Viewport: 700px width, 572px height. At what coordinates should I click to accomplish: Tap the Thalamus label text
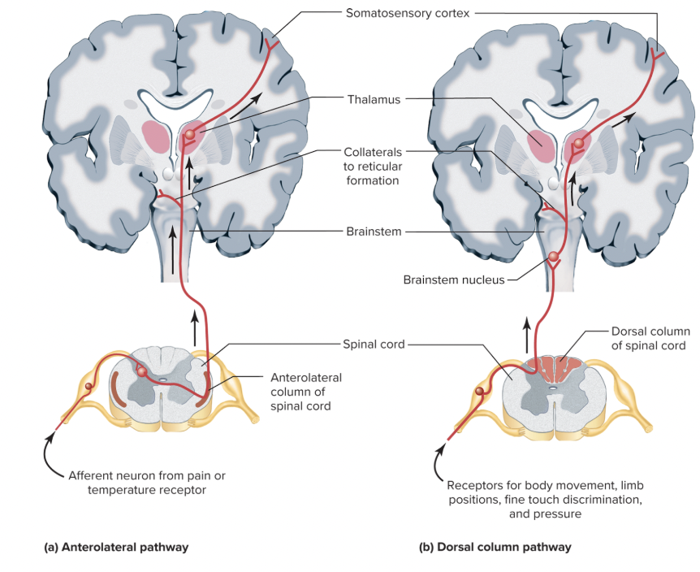[374, 100]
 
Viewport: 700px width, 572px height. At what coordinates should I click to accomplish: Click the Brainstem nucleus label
[453, 279]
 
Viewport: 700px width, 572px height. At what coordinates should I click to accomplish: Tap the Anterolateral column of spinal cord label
[305, 392]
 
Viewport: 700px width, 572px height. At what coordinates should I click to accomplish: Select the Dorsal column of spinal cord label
[650, 339]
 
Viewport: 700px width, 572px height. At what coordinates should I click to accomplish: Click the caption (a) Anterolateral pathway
[115, 547]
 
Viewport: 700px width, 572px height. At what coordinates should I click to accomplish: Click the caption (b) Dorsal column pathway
[495, 547]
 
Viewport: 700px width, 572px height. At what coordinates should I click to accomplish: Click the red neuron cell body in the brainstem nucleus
[554, 258]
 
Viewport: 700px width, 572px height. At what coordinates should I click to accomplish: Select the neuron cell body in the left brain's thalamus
[191, 133]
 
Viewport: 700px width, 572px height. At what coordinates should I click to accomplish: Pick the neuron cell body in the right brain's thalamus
[578, 144]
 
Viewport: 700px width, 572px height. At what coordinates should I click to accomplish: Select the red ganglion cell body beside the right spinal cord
[482, 392]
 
